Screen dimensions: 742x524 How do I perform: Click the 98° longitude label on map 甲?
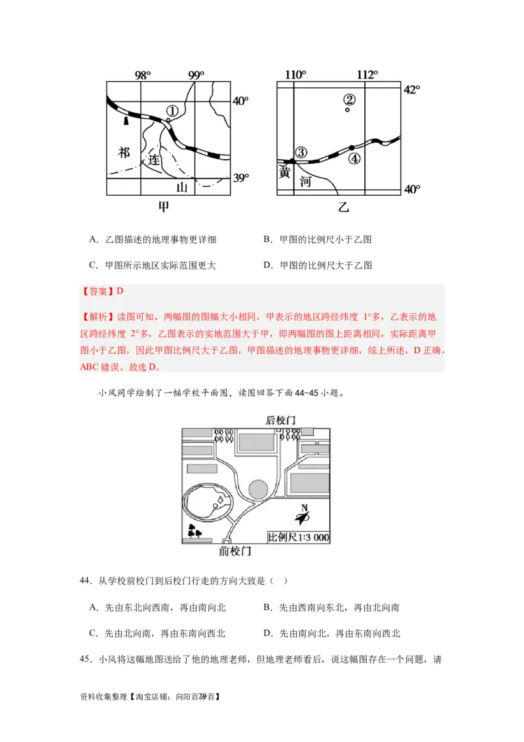[x=143, y=75]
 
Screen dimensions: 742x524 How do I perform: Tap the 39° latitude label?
[x=241, y=178]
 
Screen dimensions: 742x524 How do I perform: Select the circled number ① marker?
[x=172, y=111]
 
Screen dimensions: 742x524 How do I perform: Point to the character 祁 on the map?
[x=124, y=153]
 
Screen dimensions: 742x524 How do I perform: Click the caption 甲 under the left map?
[x=164, y=207]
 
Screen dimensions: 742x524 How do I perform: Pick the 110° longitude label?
[x=295, y=75]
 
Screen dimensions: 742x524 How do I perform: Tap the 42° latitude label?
[x=411, y=90]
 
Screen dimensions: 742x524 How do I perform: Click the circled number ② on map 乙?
[x=349, y=100]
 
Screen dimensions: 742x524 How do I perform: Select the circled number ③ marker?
[x=301, y=152]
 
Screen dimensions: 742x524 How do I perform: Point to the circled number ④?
[x=354, y=158]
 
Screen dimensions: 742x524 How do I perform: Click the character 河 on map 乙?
[x=305, y=181]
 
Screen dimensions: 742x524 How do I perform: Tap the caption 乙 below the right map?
[x=343, y=208]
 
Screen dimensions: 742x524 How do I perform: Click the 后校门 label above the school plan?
[x=280, y=420]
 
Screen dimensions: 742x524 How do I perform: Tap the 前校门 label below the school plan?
[x=234, y=551]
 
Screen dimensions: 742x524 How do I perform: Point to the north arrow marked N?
[x=302, y=517]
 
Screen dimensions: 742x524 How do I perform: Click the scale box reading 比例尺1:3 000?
[x=298, y=537]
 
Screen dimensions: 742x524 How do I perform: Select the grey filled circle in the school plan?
[x=258, y=488]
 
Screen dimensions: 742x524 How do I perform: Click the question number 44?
[x=84, y=581]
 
